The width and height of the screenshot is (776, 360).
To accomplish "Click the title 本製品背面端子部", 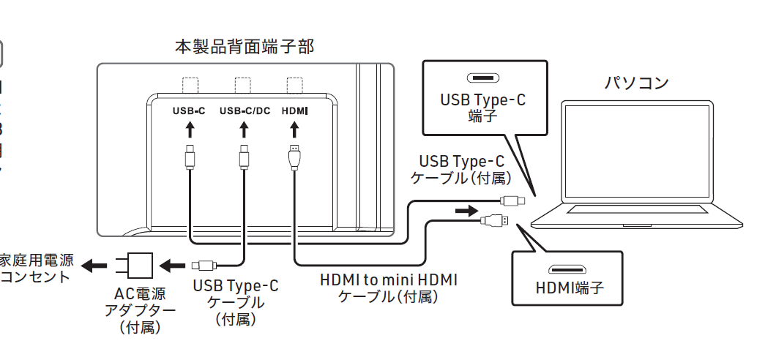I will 245,47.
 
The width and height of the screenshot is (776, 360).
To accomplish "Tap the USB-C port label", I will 189,111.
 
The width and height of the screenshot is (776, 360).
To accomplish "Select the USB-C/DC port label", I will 245,111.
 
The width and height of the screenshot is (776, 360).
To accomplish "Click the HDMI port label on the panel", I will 294,111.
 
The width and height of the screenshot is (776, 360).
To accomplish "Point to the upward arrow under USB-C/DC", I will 245,130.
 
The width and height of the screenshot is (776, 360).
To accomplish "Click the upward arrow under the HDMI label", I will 294,130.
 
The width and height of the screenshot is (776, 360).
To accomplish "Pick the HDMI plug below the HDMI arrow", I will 294,157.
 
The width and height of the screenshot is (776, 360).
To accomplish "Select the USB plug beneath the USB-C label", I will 190,157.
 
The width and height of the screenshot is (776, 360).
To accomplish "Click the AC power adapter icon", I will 139,265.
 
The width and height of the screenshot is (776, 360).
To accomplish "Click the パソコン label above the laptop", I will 635,83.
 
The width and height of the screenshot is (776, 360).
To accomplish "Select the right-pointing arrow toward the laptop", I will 464,211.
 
